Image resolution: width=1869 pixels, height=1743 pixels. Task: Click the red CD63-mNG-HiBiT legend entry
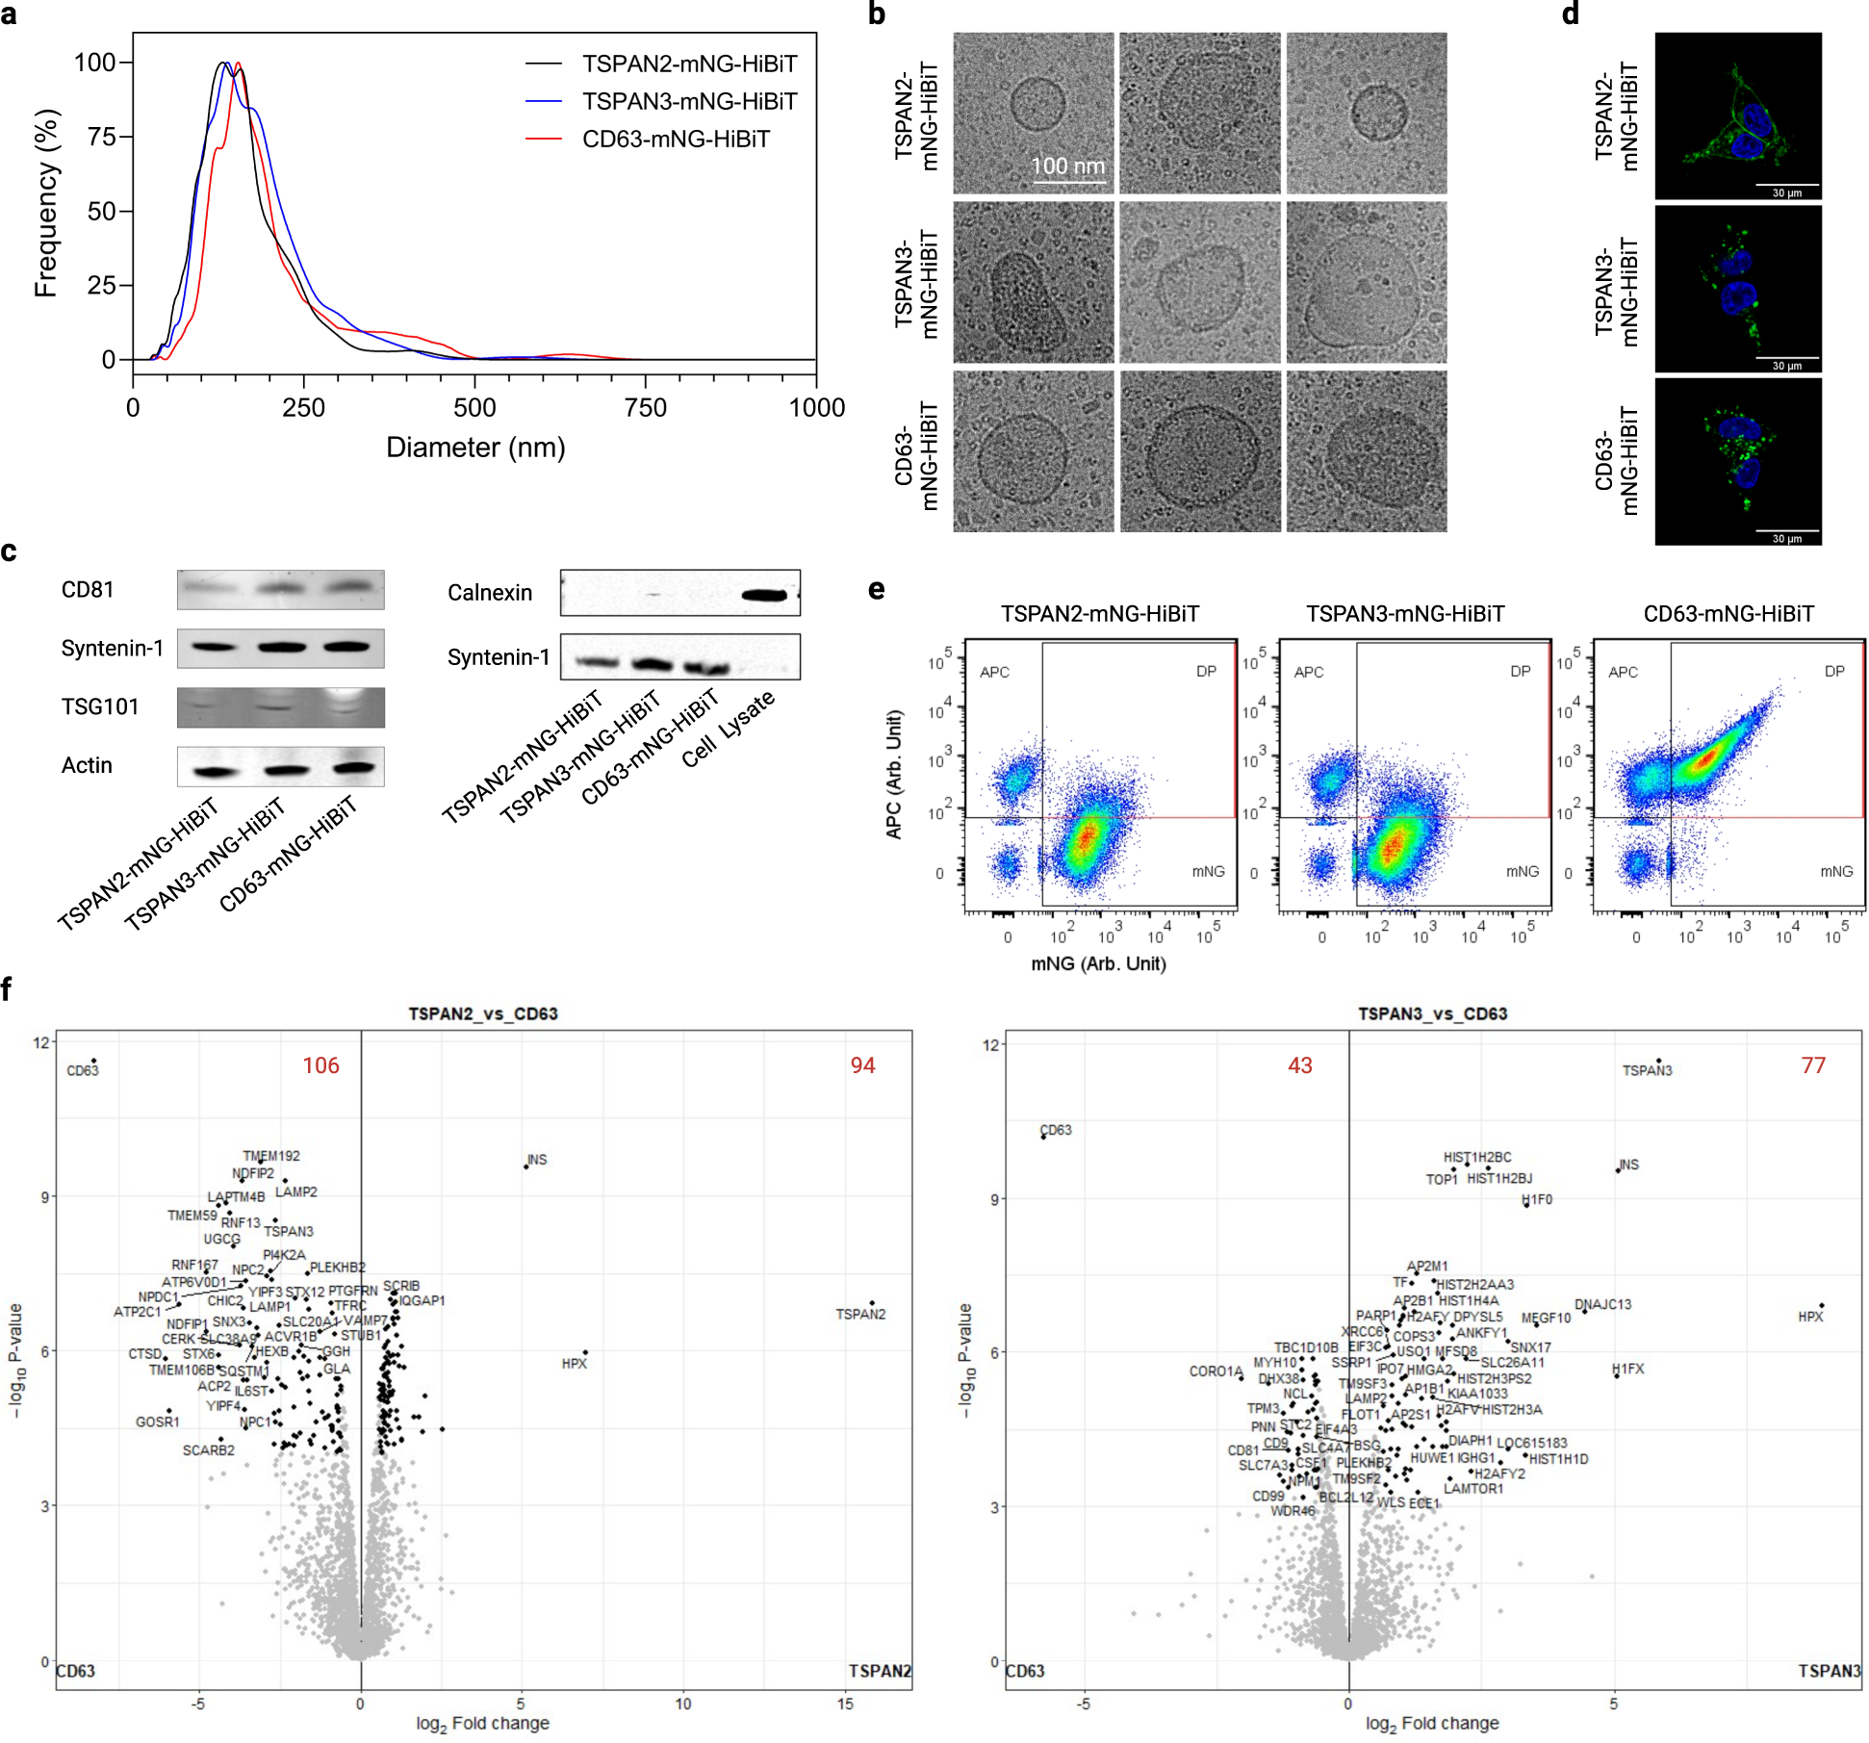click(675, 140)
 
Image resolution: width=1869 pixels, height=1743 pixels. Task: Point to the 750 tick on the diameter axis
click(645, 408)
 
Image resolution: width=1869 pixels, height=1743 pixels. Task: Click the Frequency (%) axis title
click(46, 202)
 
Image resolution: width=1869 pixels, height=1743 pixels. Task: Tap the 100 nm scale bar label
click(1067, 166)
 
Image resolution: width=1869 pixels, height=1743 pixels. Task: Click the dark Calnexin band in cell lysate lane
click(765, 595)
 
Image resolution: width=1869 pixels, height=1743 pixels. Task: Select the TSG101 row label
click(100, 707)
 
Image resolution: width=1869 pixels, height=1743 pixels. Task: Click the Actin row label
click(87, 766)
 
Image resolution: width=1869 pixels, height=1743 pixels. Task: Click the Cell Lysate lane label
click(729, 729)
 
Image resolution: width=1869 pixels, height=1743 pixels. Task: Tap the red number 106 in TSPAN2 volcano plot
click(320, 1065)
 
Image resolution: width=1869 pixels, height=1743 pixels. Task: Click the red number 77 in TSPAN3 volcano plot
click(1813, 1065)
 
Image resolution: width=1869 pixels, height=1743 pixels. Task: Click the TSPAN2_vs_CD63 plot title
click(482, 1013)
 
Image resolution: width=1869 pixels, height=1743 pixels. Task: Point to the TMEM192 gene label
click(271, 1156)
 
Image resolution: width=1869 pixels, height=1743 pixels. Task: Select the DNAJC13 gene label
click(1602, 1304)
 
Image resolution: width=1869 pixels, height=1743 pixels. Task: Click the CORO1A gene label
click(1216, 1371)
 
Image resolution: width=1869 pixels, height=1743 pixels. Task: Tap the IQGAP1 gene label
click(422, 1300)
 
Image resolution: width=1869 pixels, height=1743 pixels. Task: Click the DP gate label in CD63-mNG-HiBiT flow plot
click(1834, 672)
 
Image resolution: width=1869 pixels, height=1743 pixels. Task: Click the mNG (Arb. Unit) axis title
click(1098, 963)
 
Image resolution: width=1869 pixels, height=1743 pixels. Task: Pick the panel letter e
click(876, 589)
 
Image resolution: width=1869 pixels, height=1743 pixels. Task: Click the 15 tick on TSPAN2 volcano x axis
click(844, 1704)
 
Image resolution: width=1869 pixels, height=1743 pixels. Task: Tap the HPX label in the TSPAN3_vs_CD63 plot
click(1810, 1317)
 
